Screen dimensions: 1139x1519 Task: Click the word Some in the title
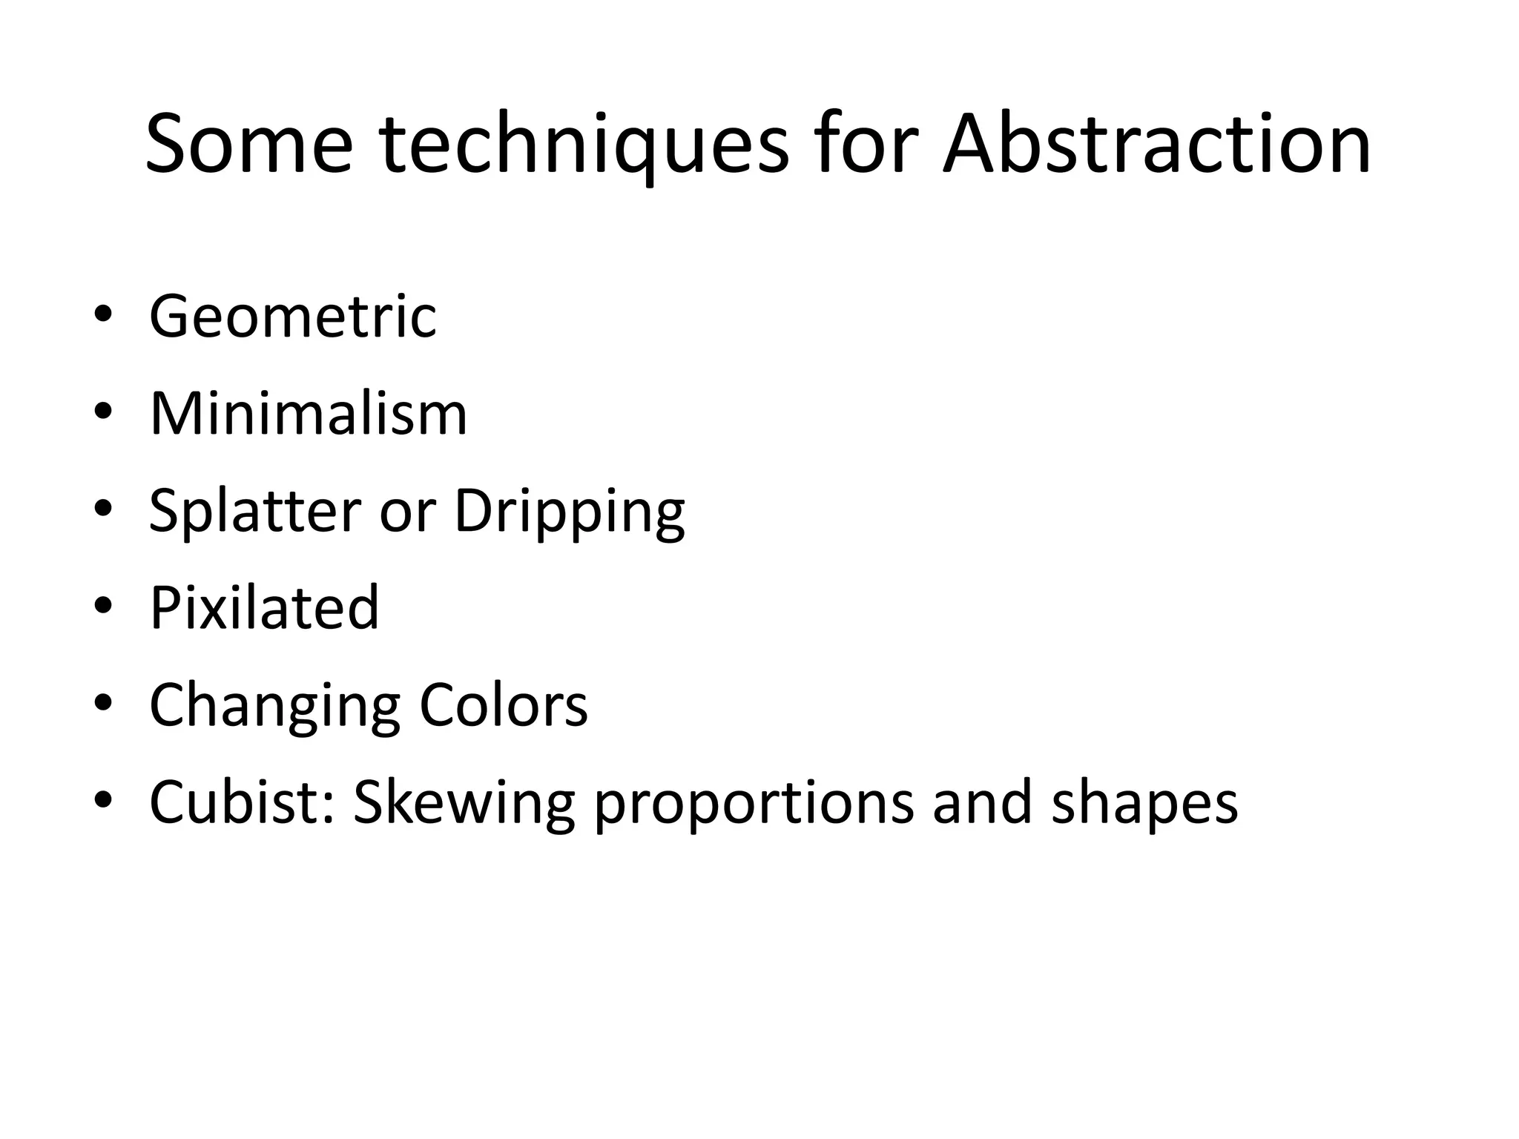248,145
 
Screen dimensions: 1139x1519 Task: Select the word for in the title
867,145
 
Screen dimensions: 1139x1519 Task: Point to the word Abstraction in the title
1156,145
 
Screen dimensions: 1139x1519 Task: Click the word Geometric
293,317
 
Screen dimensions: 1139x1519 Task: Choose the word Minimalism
309,414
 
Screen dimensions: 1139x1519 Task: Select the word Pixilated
264,608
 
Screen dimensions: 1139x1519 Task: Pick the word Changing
274,707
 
